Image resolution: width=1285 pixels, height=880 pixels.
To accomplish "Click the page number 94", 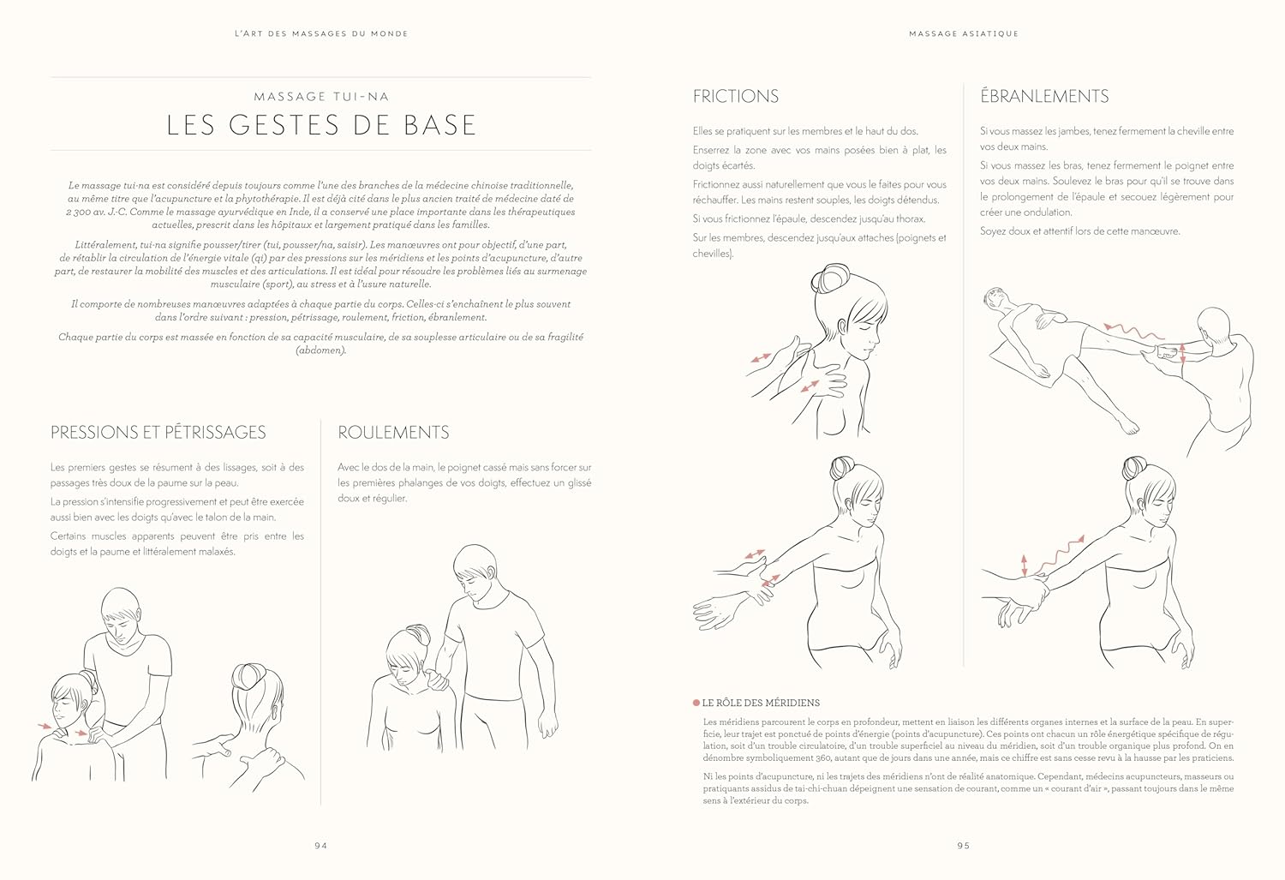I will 320,846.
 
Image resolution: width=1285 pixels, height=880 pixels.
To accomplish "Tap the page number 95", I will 964,846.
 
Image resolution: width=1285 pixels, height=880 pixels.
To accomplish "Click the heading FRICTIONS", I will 735,97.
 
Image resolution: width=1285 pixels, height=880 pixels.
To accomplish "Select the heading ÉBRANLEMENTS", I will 1043,97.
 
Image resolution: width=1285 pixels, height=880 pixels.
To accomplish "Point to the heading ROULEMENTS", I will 393,433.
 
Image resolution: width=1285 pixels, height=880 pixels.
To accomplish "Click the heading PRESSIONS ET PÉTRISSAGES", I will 158,433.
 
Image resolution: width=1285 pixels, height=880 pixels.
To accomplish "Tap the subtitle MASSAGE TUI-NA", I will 321,97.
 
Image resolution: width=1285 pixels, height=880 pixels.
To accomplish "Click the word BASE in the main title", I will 439,125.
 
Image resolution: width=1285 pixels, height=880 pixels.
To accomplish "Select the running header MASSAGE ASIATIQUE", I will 964,33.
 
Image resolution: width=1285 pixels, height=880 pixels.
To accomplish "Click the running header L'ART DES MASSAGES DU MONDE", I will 321,33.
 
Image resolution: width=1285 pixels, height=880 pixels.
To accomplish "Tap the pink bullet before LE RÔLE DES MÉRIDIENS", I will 696,703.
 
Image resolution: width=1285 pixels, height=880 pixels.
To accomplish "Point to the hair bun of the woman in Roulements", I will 420,634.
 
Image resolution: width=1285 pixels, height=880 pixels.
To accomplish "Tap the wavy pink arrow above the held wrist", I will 1061,552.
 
